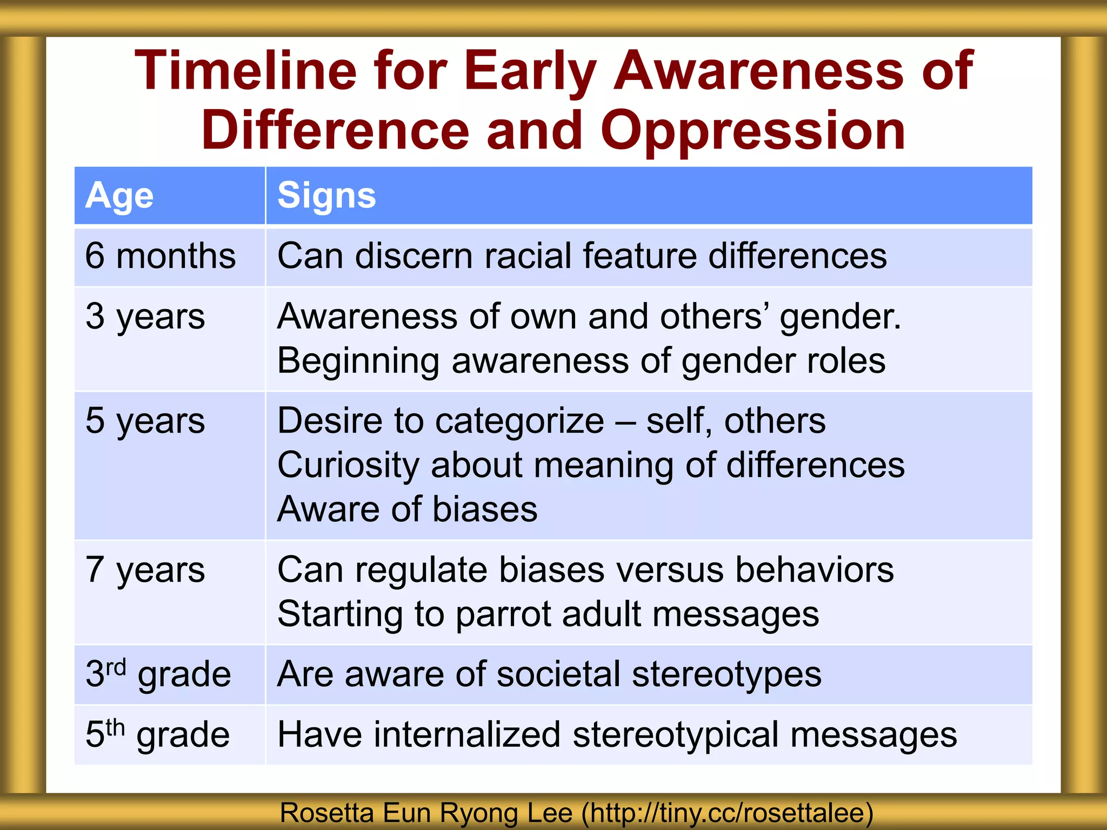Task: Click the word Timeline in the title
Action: [245, 71]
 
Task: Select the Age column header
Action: [119, 196]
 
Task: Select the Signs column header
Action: [326, 196]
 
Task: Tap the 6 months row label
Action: [161, 256]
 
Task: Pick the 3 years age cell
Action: [145, 317]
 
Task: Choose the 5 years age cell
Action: [145, 421]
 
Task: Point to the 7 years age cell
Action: [145, 570]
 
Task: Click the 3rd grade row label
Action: [158, 675]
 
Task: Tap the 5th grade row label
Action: [158, 735]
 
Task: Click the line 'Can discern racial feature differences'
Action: [582, 256]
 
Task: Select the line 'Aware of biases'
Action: [407, 510]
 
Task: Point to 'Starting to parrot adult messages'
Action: [548, 615]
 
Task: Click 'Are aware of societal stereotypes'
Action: [549, 675]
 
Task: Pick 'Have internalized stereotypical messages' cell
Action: [617, 735]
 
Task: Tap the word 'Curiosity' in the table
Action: [348, 466]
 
